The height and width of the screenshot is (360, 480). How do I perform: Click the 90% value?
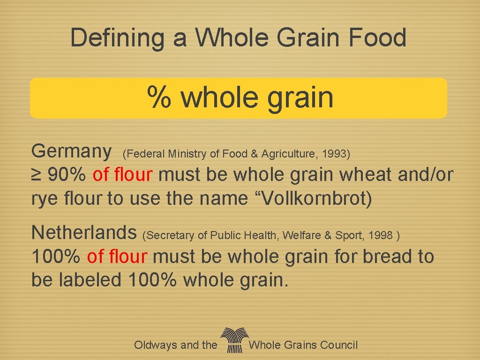[x=67, y=175]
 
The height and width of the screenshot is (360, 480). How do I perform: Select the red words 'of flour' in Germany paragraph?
[x=123, y=175]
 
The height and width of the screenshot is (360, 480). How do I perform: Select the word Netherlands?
[x=83, y=232]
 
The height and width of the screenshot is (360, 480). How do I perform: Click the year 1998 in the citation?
[x=381, y=235]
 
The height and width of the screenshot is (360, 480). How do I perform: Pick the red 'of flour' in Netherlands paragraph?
[x=117, y=256]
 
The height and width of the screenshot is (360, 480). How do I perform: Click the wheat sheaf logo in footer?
[x=233, y=340]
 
